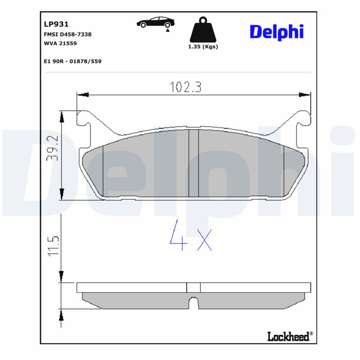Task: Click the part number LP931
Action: click(x=56, y=24)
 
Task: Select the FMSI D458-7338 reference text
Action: click(x=67, y=34)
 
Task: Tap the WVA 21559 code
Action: click(x=61, y=43)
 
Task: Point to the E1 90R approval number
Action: click(x=72, y=61)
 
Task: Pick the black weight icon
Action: click(x=203, y=30)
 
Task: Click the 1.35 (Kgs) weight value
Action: click(x=203, y=47)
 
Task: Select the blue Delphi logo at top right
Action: click(x=276, y=31)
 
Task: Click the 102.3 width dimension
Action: click(x=185, y=87)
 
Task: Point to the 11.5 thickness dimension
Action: click(x=54, y=245)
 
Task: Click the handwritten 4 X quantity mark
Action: click(x=191, y=235)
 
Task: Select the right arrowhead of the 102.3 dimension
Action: click(x=306, y=95)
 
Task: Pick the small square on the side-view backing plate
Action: click(x=193, y=287)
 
